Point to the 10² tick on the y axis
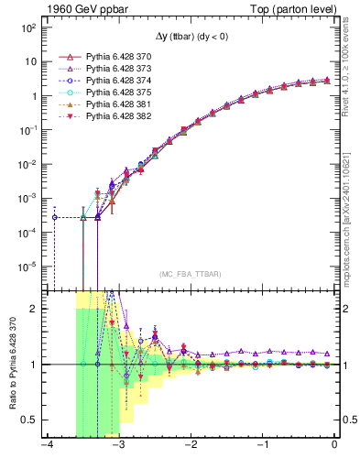(x=27, y=27)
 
